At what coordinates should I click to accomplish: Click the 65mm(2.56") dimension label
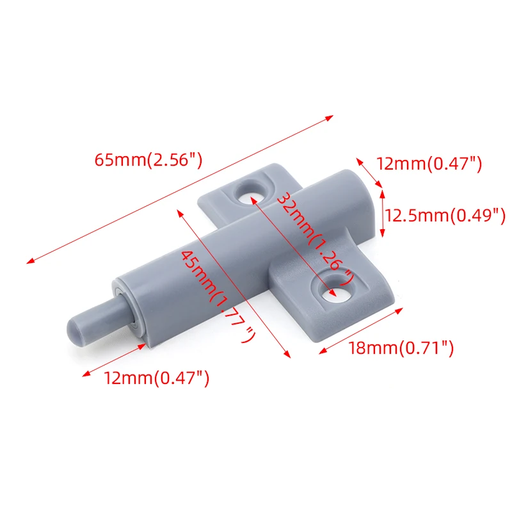pos(148,160)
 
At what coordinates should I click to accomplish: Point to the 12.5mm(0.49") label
pos(445,216)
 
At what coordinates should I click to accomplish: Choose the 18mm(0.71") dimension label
pos(401,348)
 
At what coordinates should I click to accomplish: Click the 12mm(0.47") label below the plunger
pos(156,378)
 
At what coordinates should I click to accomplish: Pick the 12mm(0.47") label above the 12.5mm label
pos(429,163)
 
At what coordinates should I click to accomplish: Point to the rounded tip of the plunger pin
pos(74,330)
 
